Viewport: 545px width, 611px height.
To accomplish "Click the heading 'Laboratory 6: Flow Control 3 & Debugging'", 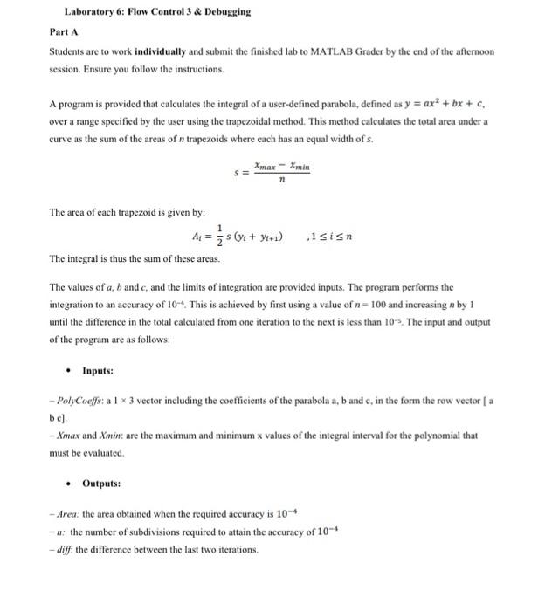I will pos(157,12).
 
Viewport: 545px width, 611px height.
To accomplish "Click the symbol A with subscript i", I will pos(196,237).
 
